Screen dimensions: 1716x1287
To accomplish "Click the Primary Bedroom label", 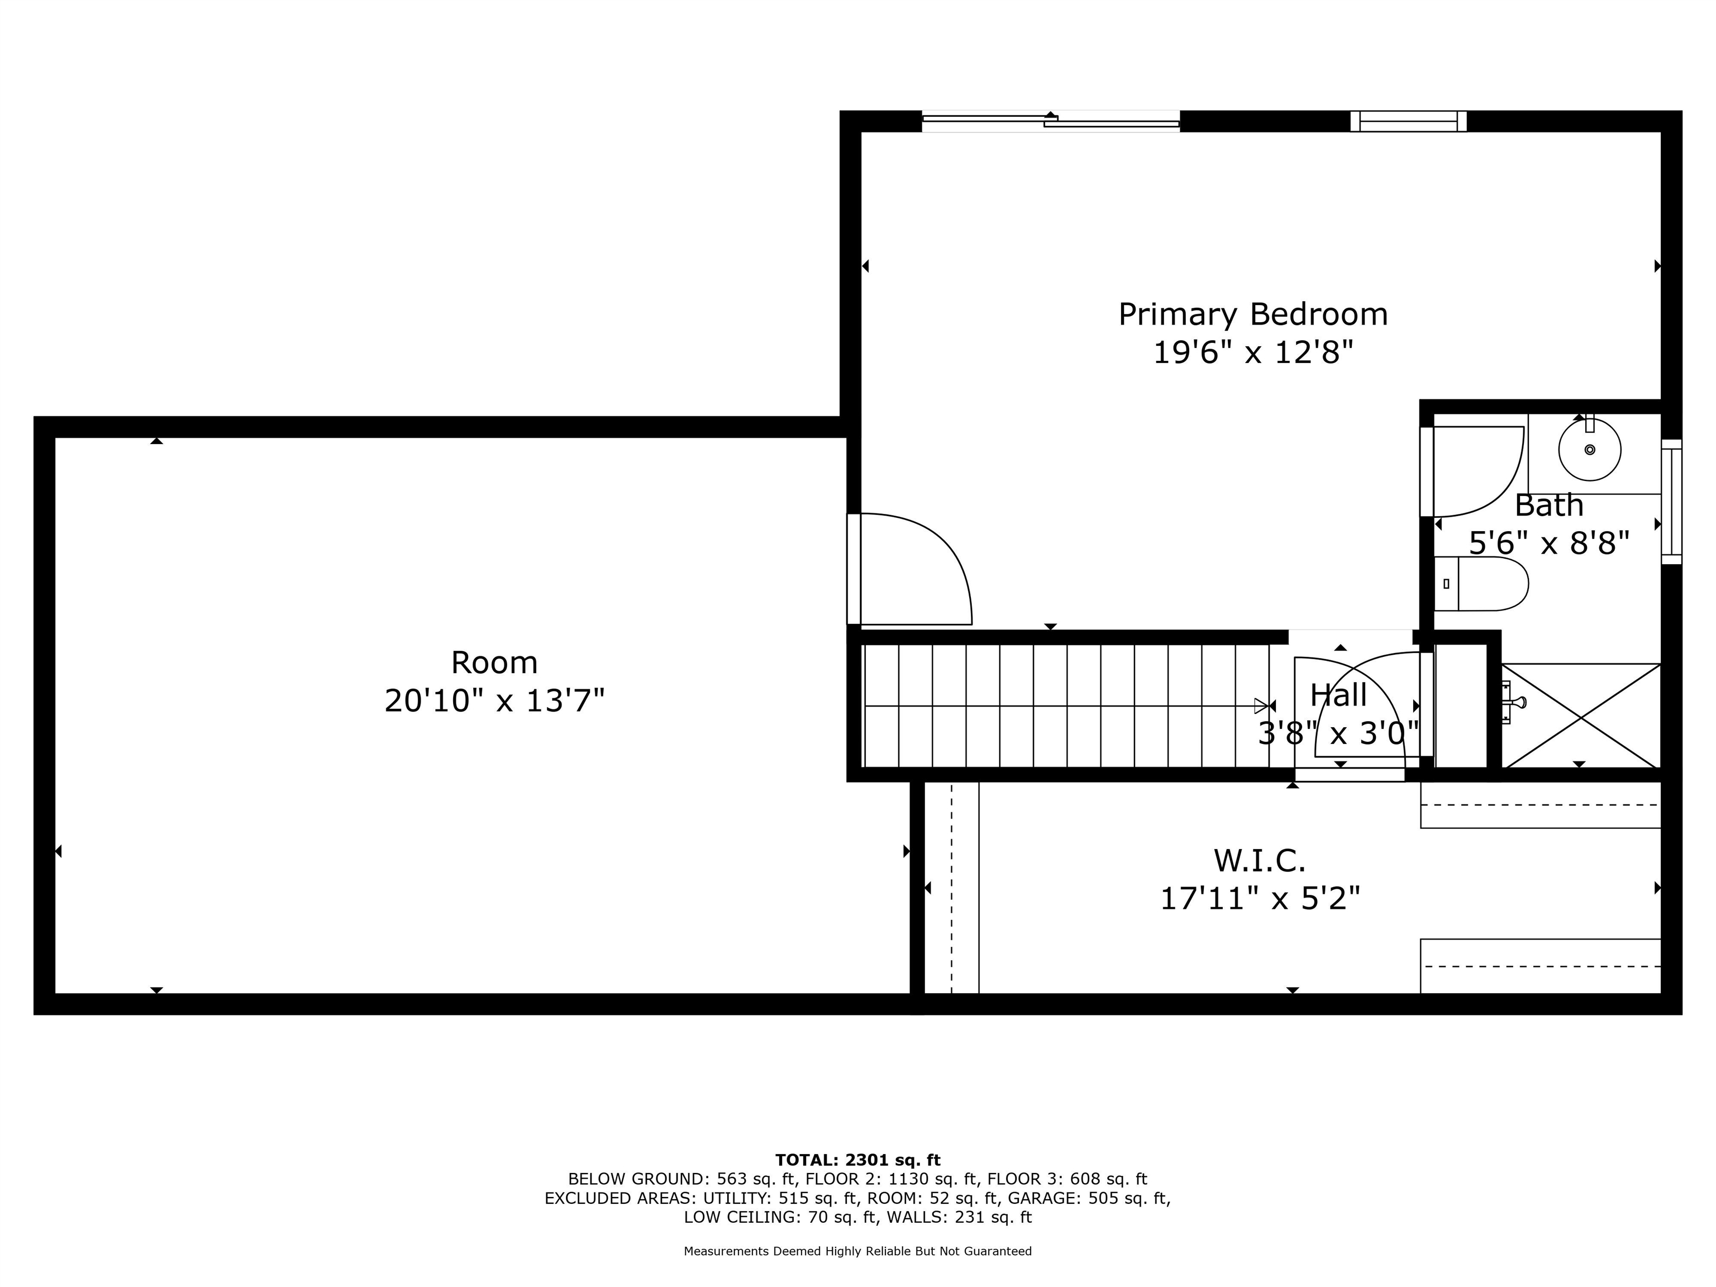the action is tap(1253, 314).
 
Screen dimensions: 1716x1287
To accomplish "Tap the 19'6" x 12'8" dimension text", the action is tap(1253, 353).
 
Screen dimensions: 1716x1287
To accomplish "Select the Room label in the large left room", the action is tap(494, 662).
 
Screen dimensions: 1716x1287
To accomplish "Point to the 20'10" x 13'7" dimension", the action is tap(494, 701).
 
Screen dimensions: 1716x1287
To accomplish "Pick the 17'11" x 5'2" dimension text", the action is tap(1260, 899).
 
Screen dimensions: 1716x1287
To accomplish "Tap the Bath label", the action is tap(1549, 505).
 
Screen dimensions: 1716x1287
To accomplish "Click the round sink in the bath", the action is tap(1590, 449).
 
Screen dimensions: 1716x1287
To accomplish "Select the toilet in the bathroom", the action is tap(1481, 583).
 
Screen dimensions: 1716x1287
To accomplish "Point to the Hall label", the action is tap(1338, 695).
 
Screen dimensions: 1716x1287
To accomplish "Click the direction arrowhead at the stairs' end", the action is tap(1261, 706).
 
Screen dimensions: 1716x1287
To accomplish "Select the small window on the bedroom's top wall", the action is tap(1408, 121).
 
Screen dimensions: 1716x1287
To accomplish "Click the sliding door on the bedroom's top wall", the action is tap(1050, 121).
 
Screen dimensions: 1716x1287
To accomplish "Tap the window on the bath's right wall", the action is tap(1671, 501).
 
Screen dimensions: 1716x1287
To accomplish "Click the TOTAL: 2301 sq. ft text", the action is tap(858, 1160).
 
